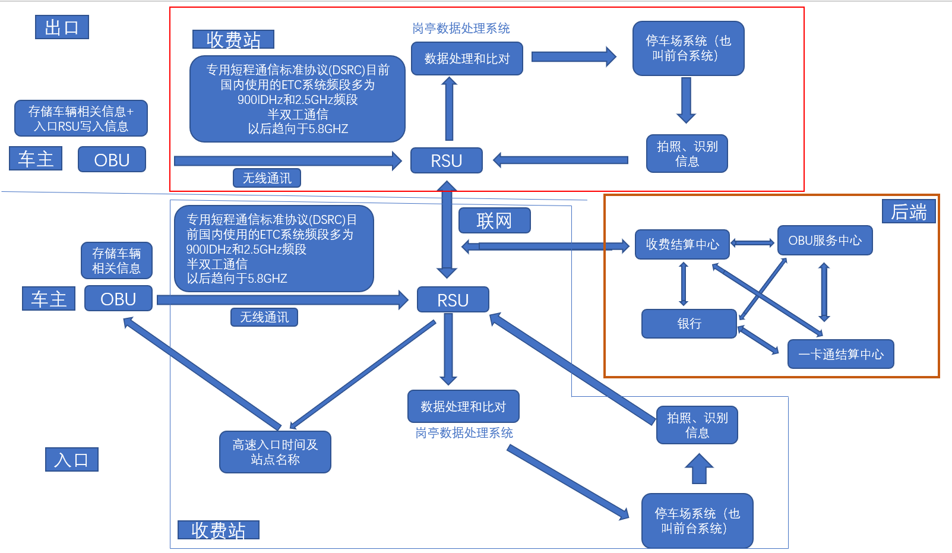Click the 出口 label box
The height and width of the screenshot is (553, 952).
62,27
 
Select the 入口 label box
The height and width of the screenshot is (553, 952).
71,460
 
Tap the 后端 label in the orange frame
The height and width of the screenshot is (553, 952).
908,212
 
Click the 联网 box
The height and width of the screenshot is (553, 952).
494,221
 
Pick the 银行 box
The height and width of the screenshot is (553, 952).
689,324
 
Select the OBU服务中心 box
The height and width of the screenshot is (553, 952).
825,241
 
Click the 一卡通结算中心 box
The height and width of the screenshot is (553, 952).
840,355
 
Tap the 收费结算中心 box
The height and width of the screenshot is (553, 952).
682,245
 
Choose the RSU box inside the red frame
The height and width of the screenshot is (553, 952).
446,161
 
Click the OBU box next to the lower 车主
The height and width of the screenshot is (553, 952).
118,299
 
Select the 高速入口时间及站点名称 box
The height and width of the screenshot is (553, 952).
275,452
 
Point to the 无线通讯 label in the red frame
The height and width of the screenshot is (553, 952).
267,178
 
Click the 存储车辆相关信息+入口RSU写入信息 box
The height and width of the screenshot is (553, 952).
81,118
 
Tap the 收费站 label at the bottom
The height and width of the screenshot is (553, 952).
218,530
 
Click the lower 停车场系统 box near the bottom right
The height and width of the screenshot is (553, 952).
697,521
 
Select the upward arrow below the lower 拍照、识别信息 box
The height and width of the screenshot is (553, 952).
699,469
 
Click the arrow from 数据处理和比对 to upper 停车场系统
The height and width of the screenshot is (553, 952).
573,57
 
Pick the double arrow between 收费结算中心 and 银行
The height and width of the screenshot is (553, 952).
684,284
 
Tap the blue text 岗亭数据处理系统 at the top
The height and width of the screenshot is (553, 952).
461,29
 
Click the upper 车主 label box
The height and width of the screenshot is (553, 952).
36,159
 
